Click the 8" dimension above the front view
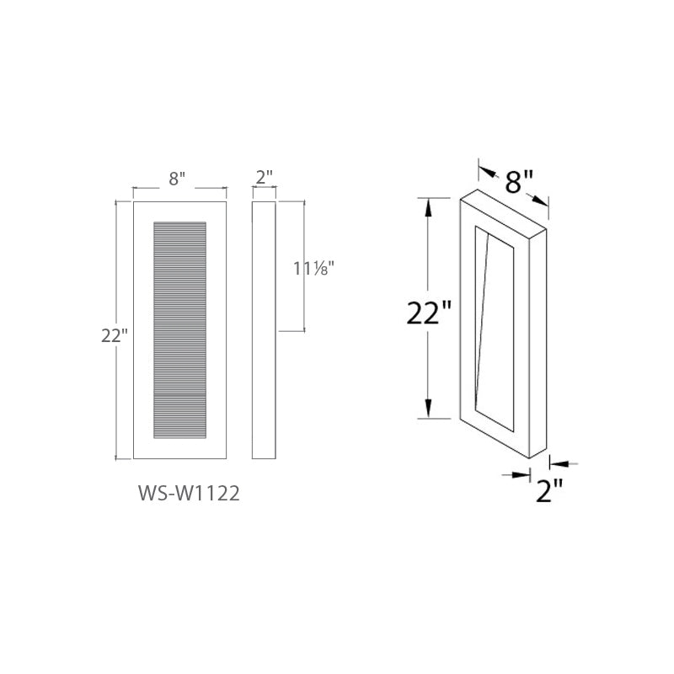click(177, 178)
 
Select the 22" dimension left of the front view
click(114, 335)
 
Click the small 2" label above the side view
click(265, 178)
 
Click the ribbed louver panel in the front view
click(179, 329)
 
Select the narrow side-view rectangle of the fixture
click(265, 329)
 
